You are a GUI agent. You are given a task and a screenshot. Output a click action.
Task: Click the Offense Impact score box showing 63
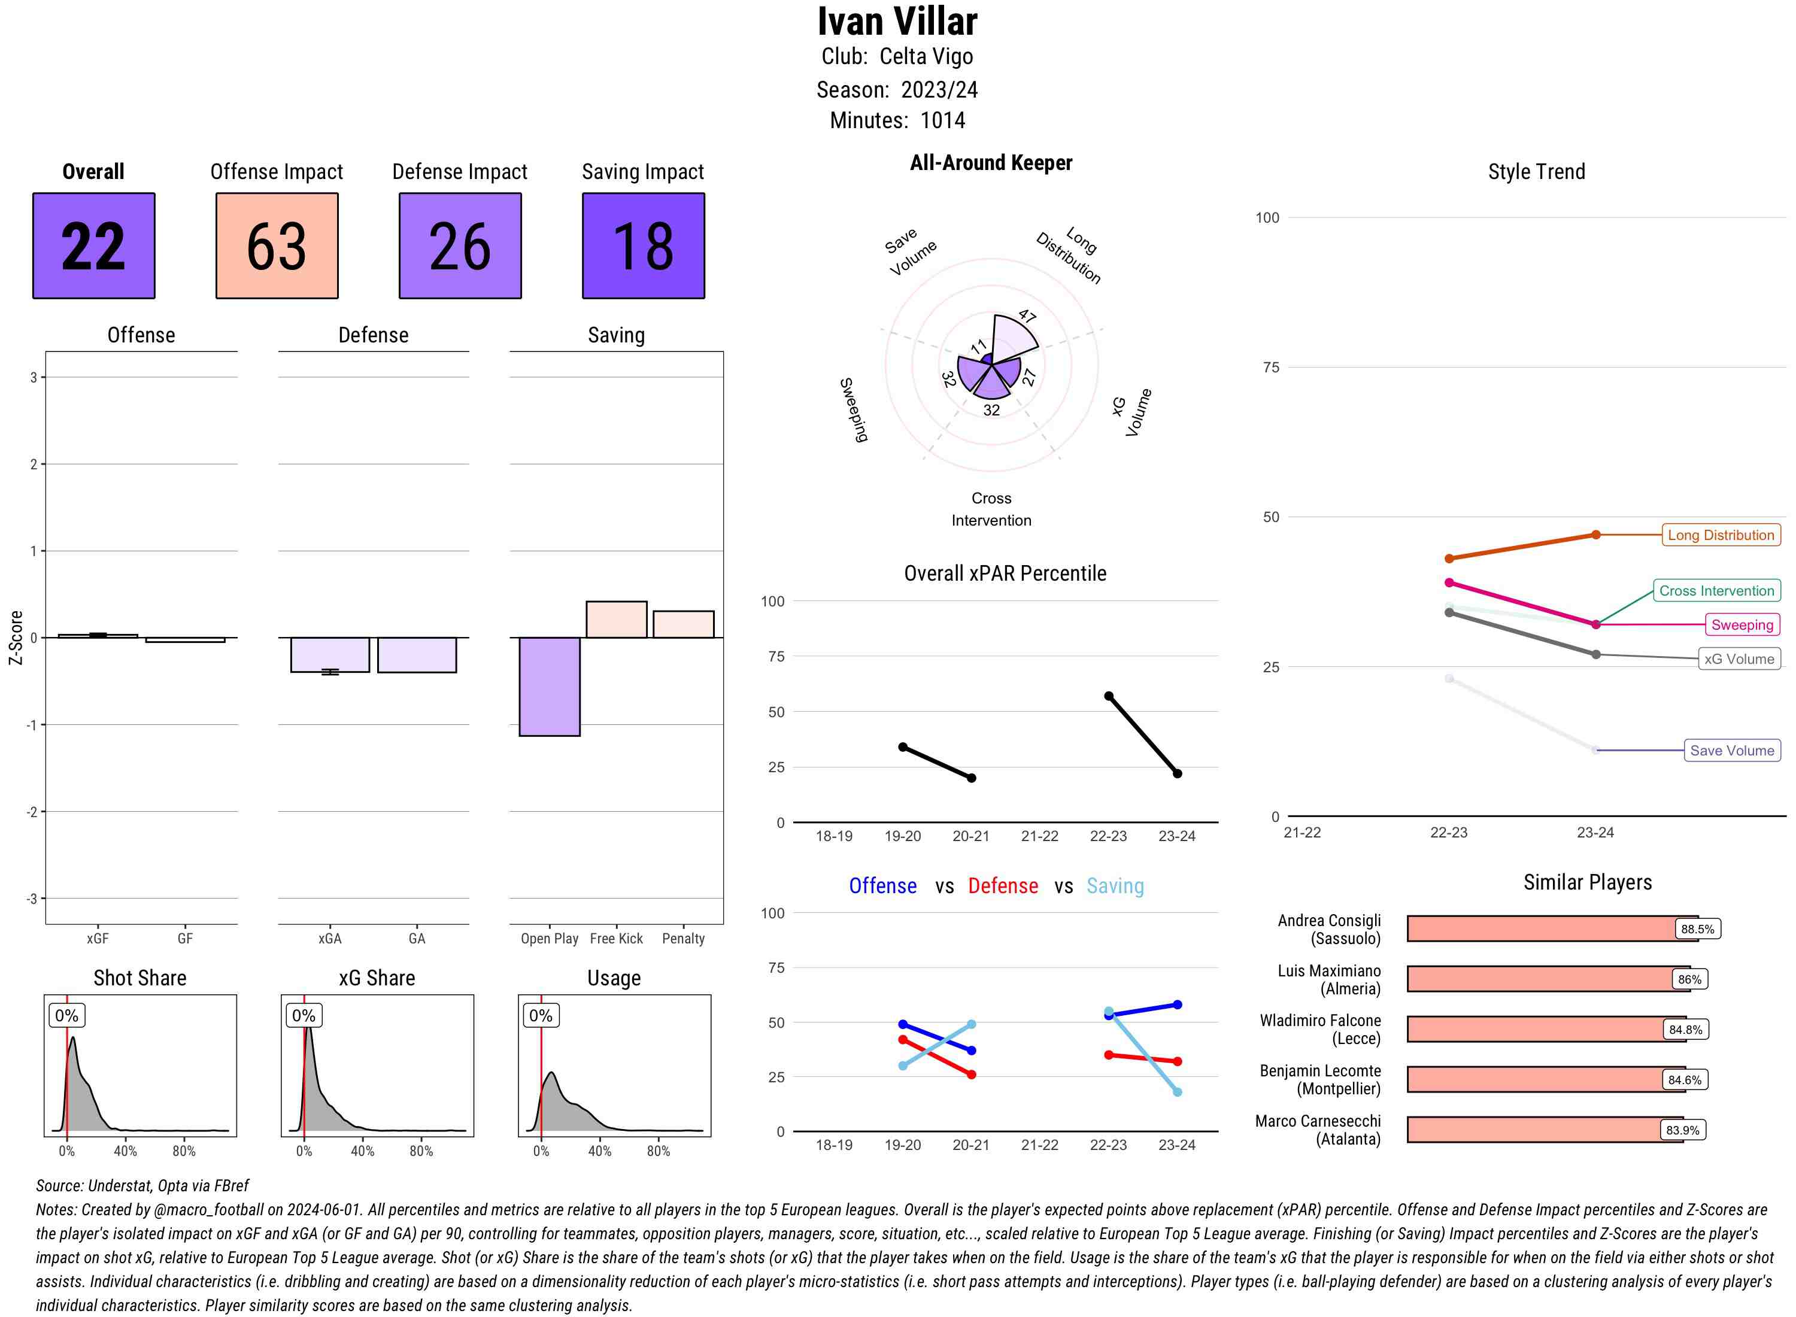coord(277,245)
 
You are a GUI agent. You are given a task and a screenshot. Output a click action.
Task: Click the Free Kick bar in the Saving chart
coord(616,620)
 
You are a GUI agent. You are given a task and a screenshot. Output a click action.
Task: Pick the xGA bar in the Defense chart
coord(330,654)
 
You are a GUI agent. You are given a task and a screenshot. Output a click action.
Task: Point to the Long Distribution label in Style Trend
coord(1721,535)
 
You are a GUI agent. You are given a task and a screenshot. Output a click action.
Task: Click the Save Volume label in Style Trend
coord(1731,750)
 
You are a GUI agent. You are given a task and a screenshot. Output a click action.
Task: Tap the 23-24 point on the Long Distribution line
coord(1595,535)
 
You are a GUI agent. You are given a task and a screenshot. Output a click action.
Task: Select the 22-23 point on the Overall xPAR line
coord(1108,696)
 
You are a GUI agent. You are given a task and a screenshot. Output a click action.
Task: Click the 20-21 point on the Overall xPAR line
coord(971,778)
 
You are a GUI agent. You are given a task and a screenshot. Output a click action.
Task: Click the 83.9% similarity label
coord(1682,1130)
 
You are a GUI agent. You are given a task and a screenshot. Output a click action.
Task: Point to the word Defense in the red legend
coord(1003,886)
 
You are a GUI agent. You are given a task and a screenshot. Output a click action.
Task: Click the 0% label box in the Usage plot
coord(541,1016)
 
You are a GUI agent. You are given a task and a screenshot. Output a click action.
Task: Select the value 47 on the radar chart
coord(1027,315)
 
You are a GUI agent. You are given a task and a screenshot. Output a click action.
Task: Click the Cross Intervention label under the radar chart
coord(991,509)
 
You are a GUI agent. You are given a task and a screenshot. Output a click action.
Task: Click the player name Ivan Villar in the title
coord(897,22)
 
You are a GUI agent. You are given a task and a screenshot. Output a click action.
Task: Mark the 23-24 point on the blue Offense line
coord(1176,1005)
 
